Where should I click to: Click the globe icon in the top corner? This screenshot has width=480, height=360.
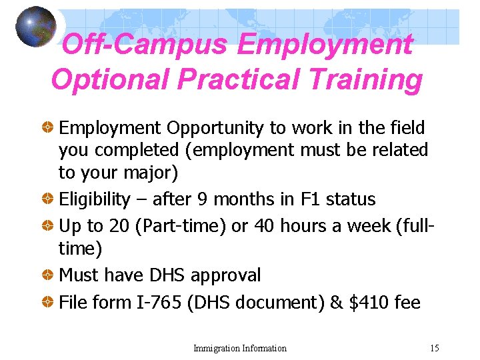point(36,27)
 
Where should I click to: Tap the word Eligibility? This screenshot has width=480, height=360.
point(93,199)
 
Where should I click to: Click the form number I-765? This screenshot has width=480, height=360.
point(159,303)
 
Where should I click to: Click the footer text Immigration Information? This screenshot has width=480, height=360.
point(240,348)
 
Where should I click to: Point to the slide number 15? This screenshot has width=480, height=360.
point(435,348)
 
